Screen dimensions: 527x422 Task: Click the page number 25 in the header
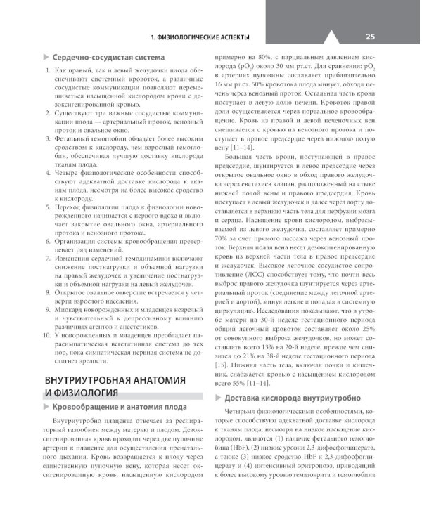[370, 37]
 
